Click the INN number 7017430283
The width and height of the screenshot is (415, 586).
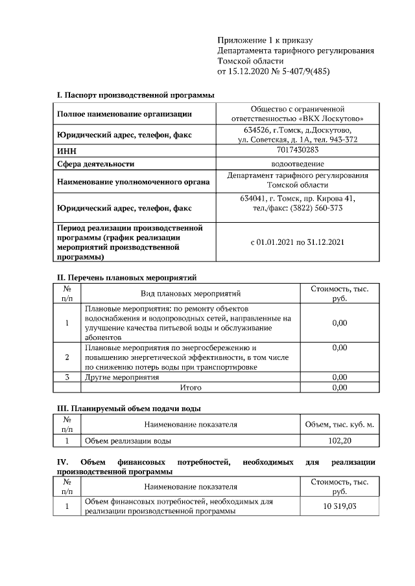click(x=298, y=150)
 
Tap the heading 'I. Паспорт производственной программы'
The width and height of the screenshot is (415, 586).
click(x=136, y=95)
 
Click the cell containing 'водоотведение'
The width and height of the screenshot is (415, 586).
click(x=298, y=164)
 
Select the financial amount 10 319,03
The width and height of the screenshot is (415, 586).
click(x=339, y=506)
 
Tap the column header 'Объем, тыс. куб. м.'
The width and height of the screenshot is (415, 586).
click(x=339, y=424)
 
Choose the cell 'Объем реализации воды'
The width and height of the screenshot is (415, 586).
click(x=128, y=441)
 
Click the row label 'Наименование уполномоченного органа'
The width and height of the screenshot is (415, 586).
click(x=134, y=183)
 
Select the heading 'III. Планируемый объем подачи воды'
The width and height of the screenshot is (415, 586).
click(x=129, y=408)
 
